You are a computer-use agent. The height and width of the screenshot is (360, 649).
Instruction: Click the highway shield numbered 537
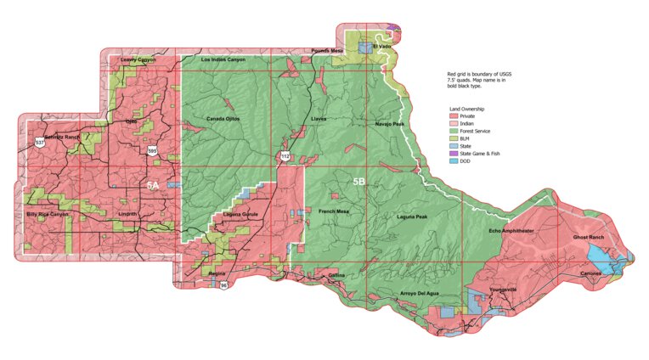40,143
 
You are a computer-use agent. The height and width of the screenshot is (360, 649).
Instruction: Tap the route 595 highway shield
152,150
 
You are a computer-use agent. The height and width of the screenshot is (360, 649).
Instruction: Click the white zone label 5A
153,184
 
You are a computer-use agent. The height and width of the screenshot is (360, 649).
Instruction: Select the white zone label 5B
359,181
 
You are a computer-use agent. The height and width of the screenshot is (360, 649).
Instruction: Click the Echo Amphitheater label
511,231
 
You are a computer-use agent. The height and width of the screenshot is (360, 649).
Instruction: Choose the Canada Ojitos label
223,119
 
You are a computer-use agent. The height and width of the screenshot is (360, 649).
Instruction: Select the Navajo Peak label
390,124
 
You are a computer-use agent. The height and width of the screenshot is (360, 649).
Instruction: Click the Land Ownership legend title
466,109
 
